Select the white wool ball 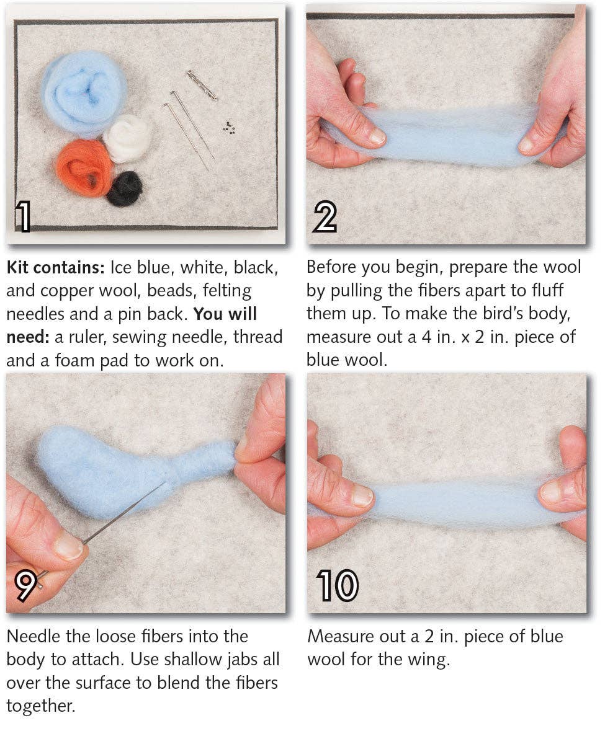(x=127, y=138)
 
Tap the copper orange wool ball (x=84, y=167)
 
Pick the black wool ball (x=124, y=188)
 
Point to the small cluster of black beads (x=229, y=127)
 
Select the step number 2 (x=325, y=217)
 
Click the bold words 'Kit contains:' (x=55, y=268)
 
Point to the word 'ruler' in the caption (x=83, y=337)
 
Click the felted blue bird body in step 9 (x=99, y=468)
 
